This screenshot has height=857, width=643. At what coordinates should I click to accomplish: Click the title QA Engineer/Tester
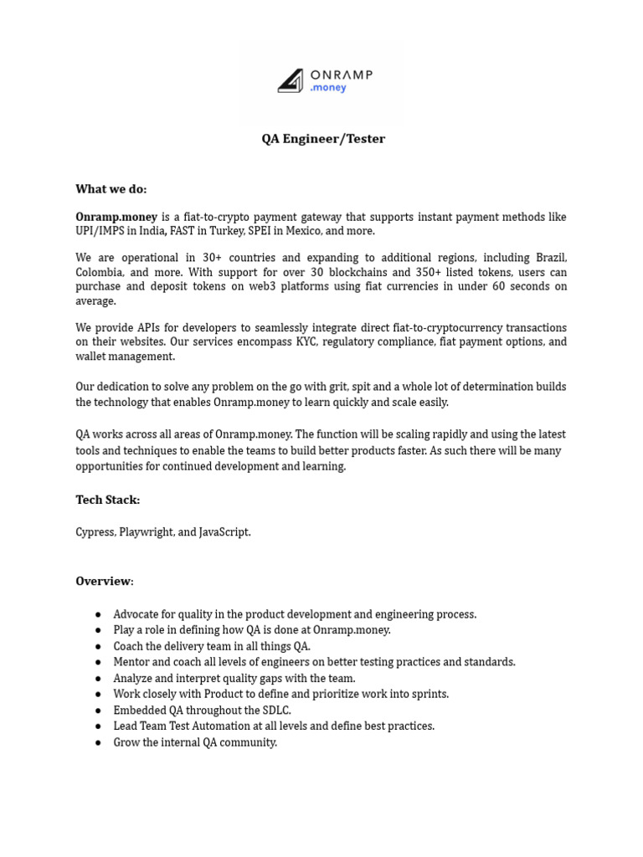click(323, 139)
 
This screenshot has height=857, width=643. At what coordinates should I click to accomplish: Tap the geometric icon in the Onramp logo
click(291, 80)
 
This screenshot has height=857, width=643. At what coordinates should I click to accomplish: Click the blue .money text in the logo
click(327, 88)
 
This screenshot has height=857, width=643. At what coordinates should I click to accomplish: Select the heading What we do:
click(111, 189)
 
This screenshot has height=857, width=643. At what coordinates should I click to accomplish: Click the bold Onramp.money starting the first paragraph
click(116, 217)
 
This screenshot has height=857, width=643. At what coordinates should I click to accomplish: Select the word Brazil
click(548, 258)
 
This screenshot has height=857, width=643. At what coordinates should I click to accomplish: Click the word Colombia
click(100, 272)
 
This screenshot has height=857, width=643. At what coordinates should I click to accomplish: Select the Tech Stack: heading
click(108, 500)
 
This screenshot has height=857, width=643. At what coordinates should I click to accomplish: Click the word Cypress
click(95, 532)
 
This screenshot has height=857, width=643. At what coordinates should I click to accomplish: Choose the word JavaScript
click(224, 532)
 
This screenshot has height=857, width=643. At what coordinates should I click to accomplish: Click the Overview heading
click(104, 581)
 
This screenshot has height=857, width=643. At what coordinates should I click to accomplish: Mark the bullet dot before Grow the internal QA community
click(98, 742)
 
